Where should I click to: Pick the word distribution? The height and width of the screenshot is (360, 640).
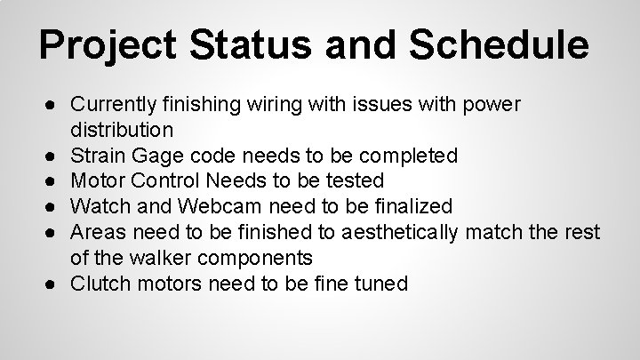click(122, 130)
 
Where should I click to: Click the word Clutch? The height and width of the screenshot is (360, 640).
click(99, 284)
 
